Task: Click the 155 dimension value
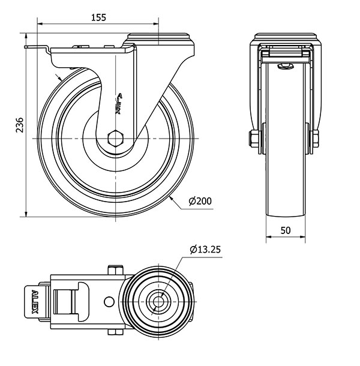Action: [x=98, y=17]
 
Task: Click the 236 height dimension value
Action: [x=20, y=125]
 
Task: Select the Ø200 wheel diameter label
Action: [x=200, y=201]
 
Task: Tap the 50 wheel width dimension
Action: [x=285, y=230]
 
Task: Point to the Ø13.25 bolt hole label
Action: [x=205, y=250]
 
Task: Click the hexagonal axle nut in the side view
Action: [x=115, y=139]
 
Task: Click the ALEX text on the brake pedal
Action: [x=35, y=302]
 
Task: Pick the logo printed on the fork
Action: [x=119, y=103]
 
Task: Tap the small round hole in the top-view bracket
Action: [x=109, y=302]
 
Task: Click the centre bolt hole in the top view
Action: [x=158, y=302]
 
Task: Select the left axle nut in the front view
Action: [x=254, y=139]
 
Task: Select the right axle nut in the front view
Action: [x=316, y=139]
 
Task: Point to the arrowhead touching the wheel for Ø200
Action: [x=172, y=199]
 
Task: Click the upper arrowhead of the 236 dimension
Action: [x=26, y=36]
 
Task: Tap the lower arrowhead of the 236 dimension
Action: [x=26, y=214]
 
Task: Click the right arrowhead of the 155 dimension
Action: [x=156, y=23]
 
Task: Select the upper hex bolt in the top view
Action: [x=115, y=270]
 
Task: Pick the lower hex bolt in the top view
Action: [x=115, y=332]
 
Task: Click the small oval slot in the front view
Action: [x=285, y=67]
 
